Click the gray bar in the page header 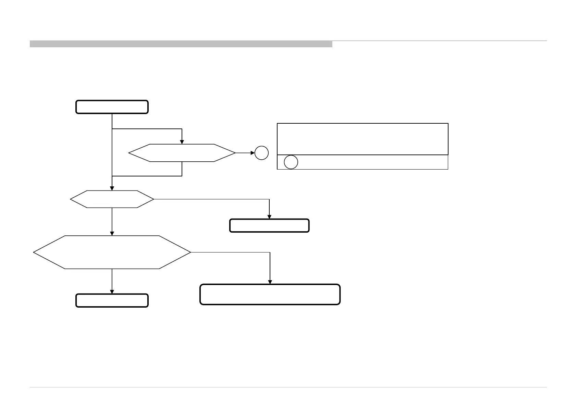[181, 44]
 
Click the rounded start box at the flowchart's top [112, 107]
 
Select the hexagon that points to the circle [182, 153]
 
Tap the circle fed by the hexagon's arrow [261, 153]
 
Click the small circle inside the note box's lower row [291, 162]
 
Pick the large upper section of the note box [363, 139]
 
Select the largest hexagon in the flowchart [112, 252]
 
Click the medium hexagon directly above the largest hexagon [112, 199]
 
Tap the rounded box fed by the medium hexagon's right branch [269, 226]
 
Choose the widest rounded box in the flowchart [270, 294]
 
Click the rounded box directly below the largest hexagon [112, 300]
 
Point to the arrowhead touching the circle [253, 153]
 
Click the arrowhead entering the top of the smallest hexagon [182, 142]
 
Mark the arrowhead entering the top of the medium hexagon [112, 188]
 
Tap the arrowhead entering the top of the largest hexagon [112, 233]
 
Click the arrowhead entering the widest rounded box [270, 282]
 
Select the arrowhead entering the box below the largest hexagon [112, 292]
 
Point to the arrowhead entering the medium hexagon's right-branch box [269, 217]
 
